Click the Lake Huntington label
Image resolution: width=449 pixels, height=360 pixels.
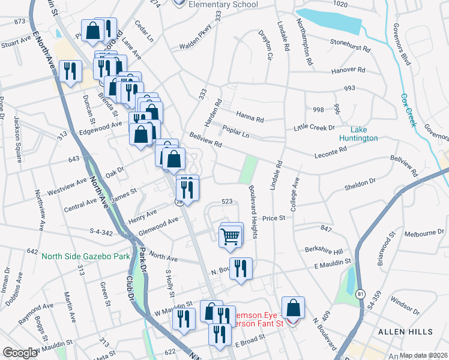pos(358,133)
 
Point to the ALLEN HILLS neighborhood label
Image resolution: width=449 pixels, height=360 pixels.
pos(405,332)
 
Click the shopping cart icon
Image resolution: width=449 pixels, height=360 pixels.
pos(231,235)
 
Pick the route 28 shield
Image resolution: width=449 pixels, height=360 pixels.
pos(179,202)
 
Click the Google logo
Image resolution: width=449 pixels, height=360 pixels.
pos(20,353)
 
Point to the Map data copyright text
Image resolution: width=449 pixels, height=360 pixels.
pos(424,355)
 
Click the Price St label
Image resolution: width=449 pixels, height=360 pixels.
pos(273,219)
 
